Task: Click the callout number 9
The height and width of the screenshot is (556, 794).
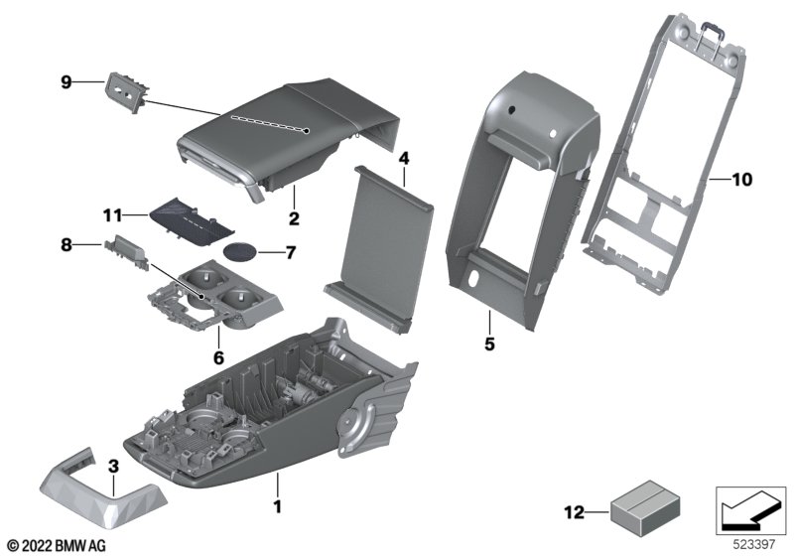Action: click(x=66, y=82)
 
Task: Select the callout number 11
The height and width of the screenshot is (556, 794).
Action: click(x=112, y=216)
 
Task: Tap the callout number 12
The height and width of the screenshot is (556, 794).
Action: click(x=575, y=513)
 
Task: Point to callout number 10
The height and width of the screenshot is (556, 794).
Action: click(x=742, y=180)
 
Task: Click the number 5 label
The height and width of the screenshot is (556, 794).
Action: click(x=489, y=344)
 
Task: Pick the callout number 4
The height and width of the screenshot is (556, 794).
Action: click(x=404, y=159)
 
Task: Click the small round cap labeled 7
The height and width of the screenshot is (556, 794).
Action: click(x=240, y=251)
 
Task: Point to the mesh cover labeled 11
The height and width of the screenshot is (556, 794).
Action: click(x=192, y=221)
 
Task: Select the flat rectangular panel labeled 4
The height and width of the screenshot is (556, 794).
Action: click(x=379, y=249)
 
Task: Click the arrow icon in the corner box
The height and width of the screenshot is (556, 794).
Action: click(x=750, y=511)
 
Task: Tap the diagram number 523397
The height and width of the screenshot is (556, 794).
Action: click(x=754, y=545)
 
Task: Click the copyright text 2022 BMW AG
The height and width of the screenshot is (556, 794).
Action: click(x=57, y=546)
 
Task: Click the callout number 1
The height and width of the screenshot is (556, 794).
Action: click(x=277, y=506)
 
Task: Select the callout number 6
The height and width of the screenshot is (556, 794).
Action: click(x=218, y=358)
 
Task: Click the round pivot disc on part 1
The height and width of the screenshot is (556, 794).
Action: click(x=349, y=419)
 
